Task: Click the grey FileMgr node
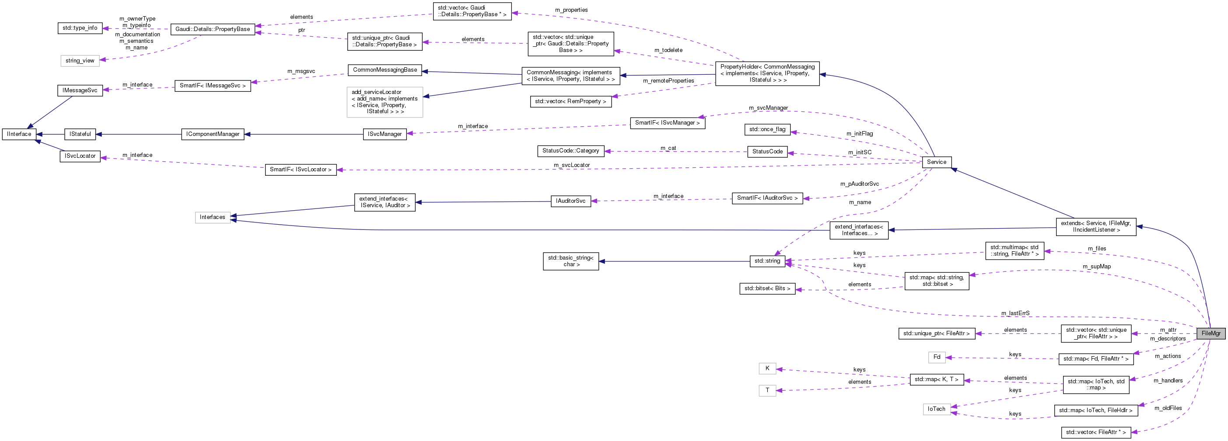pos(1211,333)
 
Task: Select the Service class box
pos(936,162)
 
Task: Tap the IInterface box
pos(19,134)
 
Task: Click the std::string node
pos(767,261)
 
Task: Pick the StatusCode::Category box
pos(570,151)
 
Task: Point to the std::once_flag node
pos(767,129)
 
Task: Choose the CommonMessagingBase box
pos(385,70)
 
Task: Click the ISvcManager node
pos(385,134)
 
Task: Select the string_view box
pos(80,61)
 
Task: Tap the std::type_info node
pos(80,28)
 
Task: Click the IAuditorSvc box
pos(570,201)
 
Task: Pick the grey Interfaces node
pos(212,217)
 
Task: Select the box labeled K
pos(767,368)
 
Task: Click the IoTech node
pos(936,409)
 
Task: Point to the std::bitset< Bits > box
pos(767,288)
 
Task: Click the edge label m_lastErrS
pos(1015,313)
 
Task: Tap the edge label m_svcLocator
pos(572,165)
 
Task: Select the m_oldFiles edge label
pos(1168,408)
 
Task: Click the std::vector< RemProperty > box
pos(570,101)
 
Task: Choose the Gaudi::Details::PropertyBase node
pos(212,29)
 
